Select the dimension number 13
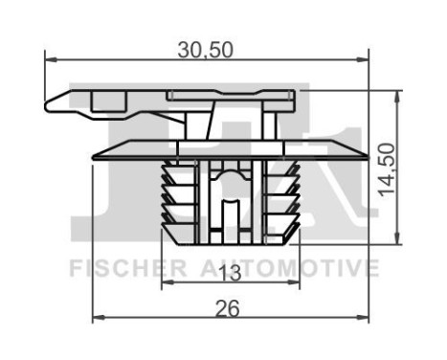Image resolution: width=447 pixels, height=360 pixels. pyautogui.click(x=228, y=273)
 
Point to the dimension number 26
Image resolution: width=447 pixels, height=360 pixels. pyautogui.click(x=228, y=307)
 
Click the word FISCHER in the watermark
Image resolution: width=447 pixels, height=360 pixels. pyautogui.click(x=116, y=267)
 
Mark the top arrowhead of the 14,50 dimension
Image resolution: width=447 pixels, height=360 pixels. pyautogui.click(x=397, y=95)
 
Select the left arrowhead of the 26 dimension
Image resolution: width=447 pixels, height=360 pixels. pyautogui.click(x=96, y=319)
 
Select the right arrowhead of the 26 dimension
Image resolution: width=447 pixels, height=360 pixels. pyautogui.click(x=364, y=319)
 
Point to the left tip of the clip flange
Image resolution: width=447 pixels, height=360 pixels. pyautogui.click(x=92, y=154)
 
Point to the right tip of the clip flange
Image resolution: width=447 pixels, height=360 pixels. pyautogui.click(x=369, y=154)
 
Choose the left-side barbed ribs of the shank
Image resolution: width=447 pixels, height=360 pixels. pyautogui.click(x=172, y=196)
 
